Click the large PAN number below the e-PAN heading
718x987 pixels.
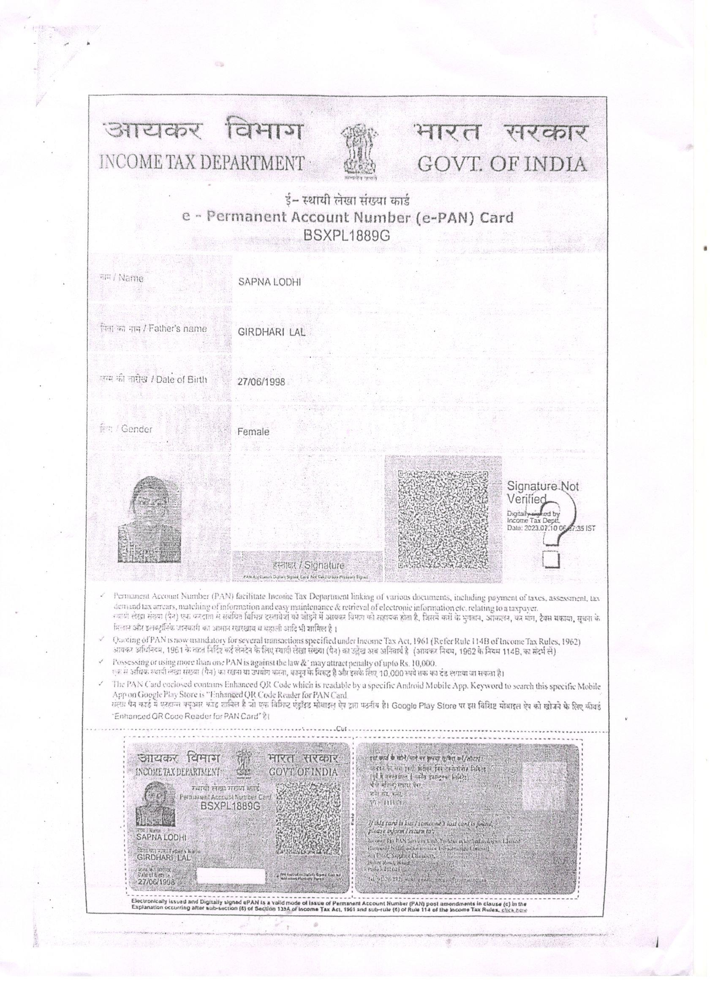[347, 236]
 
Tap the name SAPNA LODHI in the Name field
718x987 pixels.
[269, 282]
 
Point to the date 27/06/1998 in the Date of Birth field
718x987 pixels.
[261, 382]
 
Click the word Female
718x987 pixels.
[253, 432]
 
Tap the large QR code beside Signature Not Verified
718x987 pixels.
[443, 519]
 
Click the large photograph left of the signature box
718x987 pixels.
[150, 520]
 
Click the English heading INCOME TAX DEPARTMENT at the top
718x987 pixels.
[201, 163]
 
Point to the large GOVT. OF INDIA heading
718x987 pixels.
[502, 164]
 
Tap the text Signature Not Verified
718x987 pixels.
[543, 492]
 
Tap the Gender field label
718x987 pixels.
[126, 429]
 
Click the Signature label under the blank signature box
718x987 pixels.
[308, 565]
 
